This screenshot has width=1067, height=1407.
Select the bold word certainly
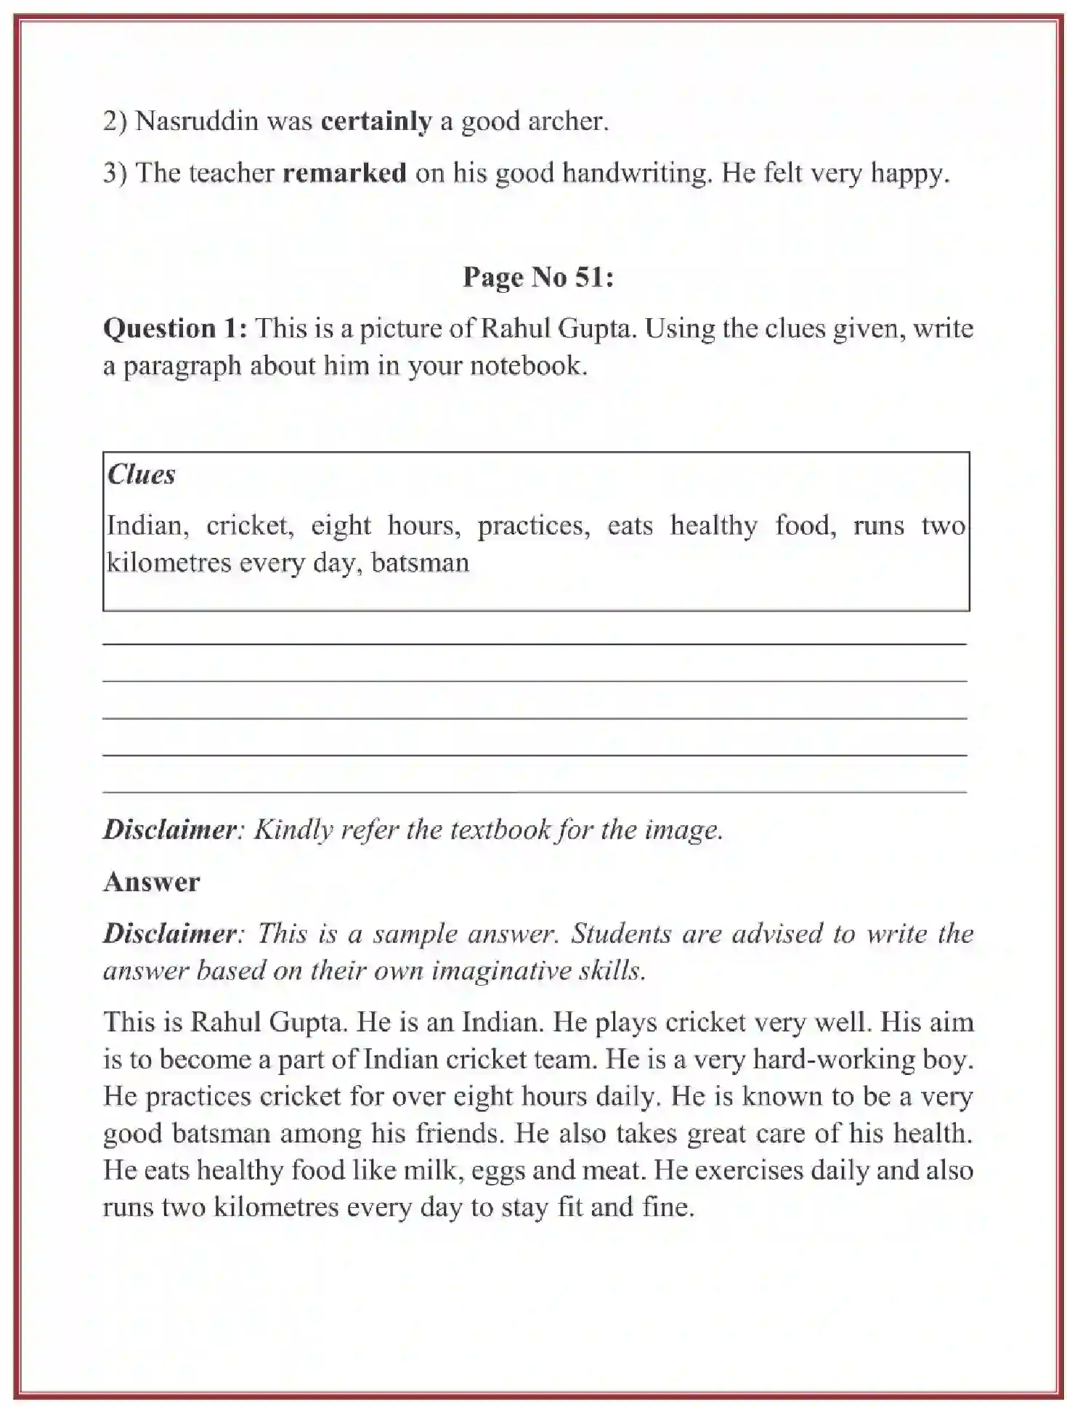click(x=376, y=121)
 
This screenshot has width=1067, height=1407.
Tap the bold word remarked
click(x=344, y=173)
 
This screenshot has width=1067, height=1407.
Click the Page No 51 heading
click(x=538, y=277)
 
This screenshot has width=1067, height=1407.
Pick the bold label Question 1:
click(x=175, y=328)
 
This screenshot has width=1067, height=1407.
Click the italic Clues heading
click(x=141, y=474)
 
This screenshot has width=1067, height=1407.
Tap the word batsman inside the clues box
click(x=420, y=563)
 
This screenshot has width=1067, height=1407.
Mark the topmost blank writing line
click(x=535, y=644)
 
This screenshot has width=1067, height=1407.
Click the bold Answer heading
click(x=151, y=882)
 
